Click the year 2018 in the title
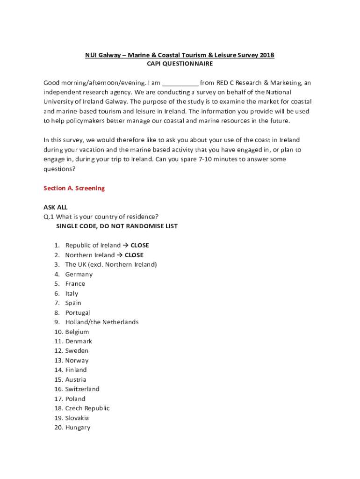tap(267, 55)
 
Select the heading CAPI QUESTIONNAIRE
tap(180, 64)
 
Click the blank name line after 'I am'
tap(180, 83)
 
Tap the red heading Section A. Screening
tap(74, 188)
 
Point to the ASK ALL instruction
tap(56, 207)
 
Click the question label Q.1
tap(49, 217)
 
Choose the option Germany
tap(79, 274)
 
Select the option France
tap(75, 284)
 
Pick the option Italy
tap(72, 293)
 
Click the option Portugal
tap(77, 312)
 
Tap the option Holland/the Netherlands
tap(101, 322)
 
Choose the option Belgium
tap(77, 332)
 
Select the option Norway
tap(77, 361)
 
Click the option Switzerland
tap(82, 389)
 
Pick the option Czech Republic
tap(87, 408)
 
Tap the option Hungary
tap(78, 428)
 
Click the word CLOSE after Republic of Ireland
tap(139, 246)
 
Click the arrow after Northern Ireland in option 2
tap(119, 255)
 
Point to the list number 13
tap(58, 361)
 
